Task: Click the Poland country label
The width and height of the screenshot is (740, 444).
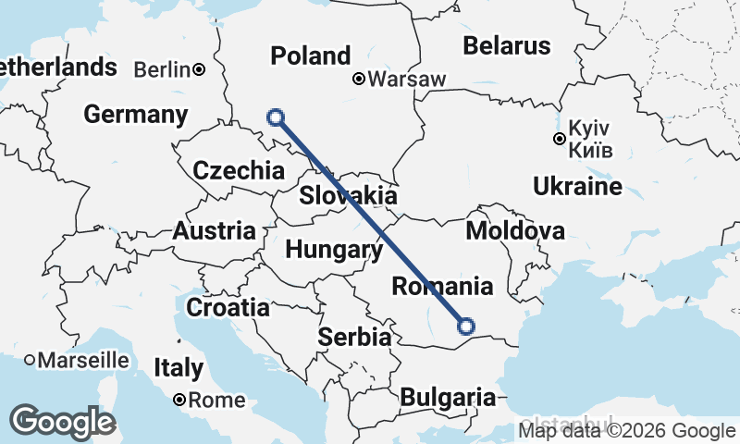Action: pyautogui.click(x=310, y=55)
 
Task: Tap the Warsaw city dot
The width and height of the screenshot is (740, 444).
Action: pyautogui.click(x=359, y=80)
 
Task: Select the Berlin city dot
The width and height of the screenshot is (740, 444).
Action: pyautogui.click(x=199, y=69)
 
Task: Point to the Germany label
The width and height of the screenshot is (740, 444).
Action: pyautogui.click(x=135, y=115)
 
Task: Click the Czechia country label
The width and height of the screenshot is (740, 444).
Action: pyautogui.click(x=239, y=170)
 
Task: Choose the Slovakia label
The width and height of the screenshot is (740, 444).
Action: pyautogui.click(x=348, y=196)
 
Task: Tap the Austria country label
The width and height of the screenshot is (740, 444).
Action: pyautogui.click(x=215, y=230)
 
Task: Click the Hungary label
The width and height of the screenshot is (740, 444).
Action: pyautogui.click(x=334, y=250)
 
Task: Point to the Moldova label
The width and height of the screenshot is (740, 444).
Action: pyautogui.click(x=515, y=230)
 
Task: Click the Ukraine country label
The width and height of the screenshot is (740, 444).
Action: pyautogui.click(x=577, y=187)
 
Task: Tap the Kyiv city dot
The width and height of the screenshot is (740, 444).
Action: pyautogui.click(x=559, y=140)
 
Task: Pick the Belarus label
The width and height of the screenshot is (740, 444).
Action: pyautogui.click(x=506, y=44)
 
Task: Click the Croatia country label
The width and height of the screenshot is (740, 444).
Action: pyautogui.click(x=228, y=307)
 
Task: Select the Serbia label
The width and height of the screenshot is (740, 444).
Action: pyautogui.click(x=354, y=338)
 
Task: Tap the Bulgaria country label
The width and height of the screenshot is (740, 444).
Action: pyautogui.click(x=448, y=398)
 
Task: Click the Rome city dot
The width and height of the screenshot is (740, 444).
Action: pyautogui.click(x=179, y=401)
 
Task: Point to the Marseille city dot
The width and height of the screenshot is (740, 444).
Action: pyautogui.click(x=30, y=359)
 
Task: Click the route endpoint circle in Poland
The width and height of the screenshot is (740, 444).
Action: pyautogui.click(x=275, y=117)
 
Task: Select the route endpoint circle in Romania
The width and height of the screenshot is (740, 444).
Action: pyautogui.click(x=465, y=326)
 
